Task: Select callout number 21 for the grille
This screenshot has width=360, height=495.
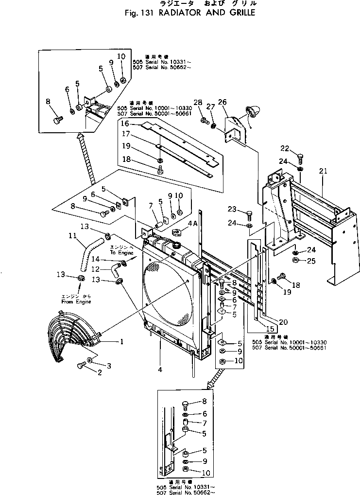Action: point(324,171)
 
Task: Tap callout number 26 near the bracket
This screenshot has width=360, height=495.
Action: point(222,102)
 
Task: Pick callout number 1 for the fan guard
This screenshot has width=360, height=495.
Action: point(122,341)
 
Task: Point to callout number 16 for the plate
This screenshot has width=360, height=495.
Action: point(125,124)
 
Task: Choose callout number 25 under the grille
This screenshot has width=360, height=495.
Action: point(311,261)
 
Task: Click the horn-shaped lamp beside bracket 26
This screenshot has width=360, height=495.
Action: point(254,113)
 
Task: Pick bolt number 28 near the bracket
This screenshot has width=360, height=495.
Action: point(205,119)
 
